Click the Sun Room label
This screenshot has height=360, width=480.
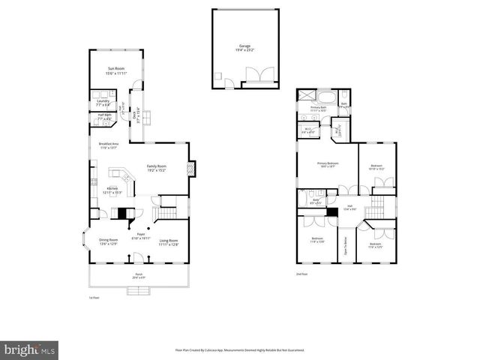[115, 71]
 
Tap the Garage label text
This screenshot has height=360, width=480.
[245, 47]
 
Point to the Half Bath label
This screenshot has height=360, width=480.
[103, 117]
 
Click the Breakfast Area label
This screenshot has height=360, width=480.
[109, 145]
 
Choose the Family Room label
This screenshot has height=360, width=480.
[156, 168]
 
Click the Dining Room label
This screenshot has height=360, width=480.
[109, 241]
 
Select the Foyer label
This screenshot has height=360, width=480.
[139, 236]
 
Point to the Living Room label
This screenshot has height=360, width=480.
[169, 241]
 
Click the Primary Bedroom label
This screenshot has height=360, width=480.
[327, 164]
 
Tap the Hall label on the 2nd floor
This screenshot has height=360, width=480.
[349, 207]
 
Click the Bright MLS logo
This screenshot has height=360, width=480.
[30, 349]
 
